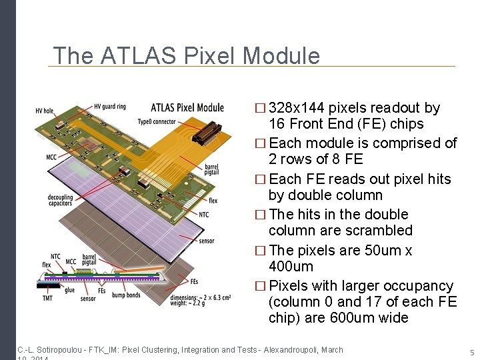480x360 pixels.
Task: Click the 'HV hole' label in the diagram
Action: coord(44,111)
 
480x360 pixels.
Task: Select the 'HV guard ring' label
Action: coord(109,106)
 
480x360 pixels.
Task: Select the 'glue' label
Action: coord(70,290)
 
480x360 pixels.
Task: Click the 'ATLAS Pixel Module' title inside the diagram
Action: coord(187,107)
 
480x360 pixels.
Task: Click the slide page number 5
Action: coord(471,352)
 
